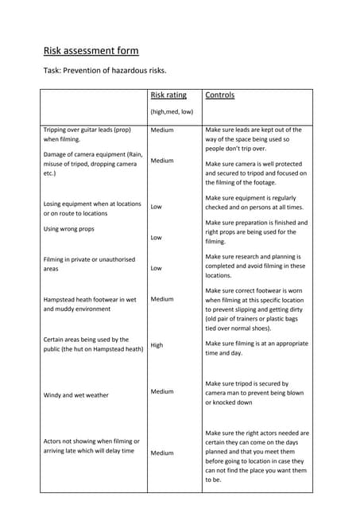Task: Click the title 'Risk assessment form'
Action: (91, 51)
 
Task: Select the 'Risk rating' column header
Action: (168, 95)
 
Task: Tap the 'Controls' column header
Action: (219, 95)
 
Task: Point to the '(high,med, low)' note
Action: (172, 112)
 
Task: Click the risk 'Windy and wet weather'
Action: (76, 395)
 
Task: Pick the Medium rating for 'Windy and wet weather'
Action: (162, 391)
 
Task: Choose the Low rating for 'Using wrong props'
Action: (157, 238)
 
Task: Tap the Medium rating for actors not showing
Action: (162, 453)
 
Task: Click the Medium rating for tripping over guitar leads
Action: (162, 130)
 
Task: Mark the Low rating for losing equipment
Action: (157, 207)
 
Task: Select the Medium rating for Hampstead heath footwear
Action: (162, 300)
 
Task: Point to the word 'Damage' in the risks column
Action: (56, 154)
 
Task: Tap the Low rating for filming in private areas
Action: (157, 269)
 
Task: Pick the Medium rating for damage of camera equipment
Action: (162, 161)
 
